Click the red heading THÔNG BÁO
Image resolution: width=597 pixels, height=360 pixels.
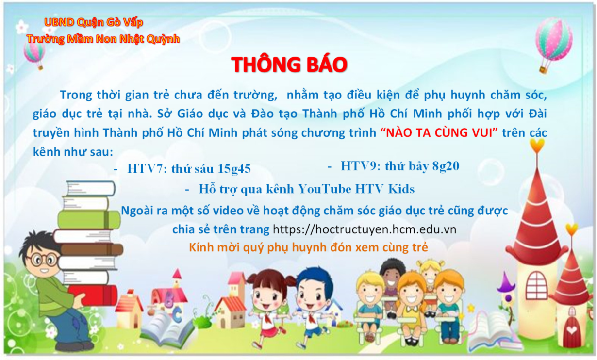289,65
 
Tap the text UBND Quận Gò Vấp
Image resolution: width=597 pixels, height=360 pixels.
94,23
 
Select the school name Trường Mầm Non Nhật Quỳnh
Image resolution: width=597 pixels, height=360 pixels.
103,39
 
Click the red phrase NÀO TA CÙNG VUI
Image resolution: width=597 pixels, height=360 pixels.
439,133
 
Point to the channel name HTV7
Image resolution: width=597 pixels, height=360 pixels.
145,169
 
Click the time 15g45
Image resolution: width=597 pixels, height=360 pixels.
234,169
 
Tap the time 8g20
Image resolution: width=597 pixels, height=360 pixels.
446,166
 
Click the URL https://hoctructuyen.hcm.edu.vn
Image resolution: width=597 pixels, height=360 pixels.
365,229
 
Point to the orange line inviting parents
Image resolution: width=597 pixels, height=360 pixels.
308,247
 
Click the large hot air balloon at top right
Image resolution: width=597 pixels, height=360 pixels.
553,45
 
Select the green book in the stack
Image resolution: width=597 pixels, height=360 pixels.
89,220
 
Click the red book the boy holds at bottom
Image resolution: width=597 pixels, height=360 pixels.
93,295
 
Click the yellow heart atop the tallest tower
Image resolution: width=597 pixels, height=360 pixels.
537,146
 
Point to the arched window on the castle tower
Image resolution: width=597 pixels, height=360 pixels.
536,285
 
